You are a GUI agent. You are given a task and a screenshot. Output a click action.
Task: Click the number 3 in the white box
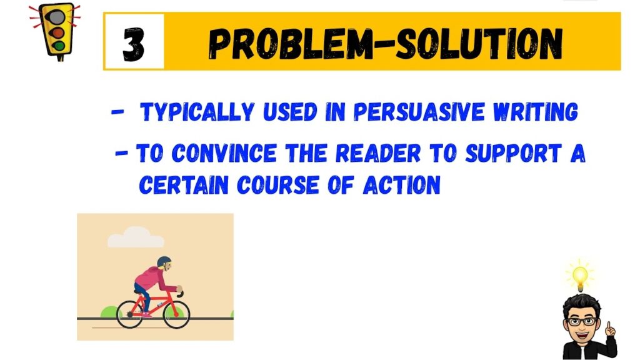coord(134,44)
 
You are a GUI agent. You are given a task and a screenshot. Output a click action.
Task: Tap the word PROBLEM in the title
coord(291,44)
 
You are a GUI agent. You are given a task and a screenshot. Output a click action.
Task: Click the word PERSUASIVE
coord(419,112)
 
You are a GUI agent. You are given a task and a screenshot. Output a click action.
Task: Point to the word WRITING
coord(536,112)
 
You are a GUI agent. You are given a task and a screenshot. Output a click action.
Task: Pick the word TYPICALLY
coord(197,112)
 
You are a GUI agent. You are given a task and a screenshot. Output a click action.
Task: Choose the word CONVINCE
coord(224,153)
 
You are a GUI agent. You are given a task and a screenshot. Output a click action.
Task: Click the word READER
coord(378,153)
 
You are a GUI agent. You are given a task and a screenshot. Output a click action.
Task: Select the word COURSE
coord(277,185)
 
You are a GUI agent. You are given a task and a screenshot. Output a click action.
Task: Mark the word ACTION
coord(402,185)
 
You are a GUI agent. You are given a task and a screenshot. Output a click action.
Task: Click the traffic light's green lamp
coord(59,46)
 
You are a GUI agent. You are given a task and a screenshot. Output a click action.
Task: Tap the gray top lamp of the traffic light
coord(56,17)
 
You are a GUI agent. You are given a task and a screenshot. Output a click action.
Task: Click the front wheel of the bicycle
coord(176,315)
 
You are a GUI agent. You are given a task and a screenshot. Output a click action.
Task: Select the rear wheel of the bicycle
coord(130,315)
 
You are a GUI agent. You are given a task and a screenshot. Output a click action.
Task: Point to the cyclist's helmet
coord(164,261)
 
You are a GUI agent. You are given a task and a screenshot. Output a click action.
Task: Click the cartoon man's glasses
coord(582,321)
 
